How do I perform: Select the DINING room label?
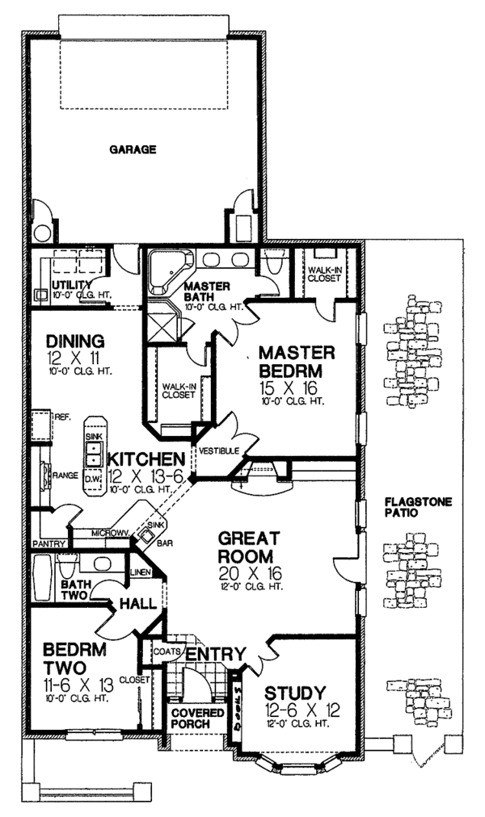click(x=74, y=340)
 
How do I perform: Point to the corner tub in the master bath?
click(x=167, y=266)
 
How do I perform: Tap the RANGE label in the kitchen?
click(x=65, y=476)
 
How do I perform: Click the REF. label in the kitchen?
click(x=64, y=418)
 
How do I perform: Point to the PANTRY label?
click(x=48, y=543)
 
